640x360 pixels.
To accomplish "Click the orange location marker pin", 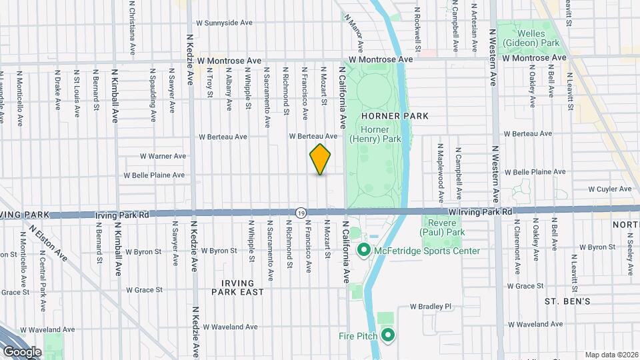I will click(320, 159).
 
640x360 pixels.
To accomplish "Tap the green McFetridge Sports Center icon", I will click(364, 251).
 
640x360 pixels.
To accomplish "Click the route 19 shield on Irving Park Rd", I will click(301, 211).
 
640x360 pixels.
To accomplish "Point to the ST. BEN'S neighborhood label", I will click(567, 301).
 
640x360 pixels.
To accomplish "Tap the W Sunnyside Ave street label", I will click(224, 23).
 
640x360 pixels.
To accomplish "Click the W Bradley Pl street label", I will click(431, 307).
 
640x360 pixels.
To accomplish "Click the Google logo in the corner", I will click(22, 351).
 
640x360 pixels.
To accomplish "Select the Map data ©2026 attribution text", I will click(611, 355).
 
